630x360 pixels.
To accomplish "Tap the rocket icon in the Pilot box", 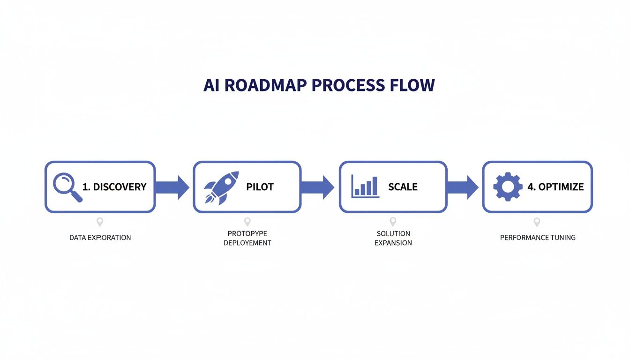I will point(221,187).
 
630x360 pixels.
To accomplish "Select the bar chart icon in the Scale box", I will point(365,186).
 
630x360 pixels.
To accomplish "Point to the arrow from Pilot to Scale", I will point(318,187).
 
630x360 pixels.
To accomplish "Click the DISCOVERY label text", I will point(120,187).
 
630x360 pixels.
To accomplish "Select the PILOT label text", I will point(260,187).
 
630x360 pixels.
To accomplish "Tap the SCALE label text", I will point(403,187).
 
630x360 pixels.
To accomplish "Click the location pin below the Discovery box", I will point(99,222).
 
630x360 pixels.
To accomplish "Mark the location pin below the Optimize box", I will point(537,222).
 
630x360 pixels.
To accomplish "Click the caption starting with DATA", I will point(100,238).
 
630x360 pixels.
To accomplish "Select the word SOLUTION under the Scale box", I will point(393,233).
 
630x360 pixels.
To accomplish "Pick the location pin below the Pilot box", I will point(247,222).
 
